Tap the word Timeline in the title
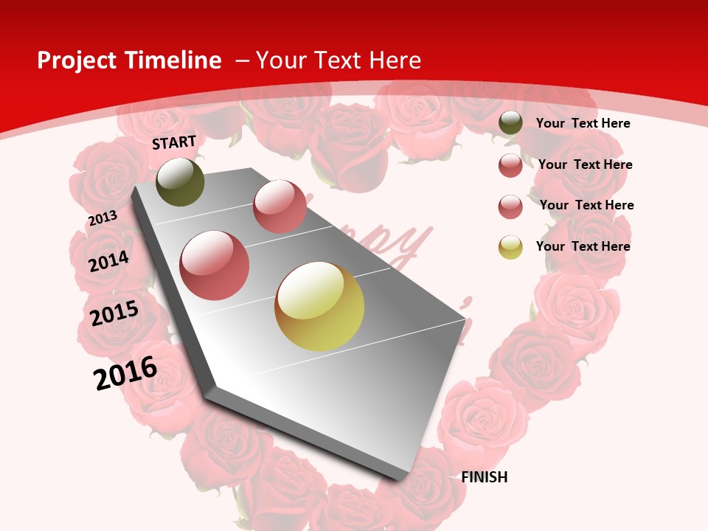click(x=173, y=60)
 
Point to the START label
click(x=174, y=142)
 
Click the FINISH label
click(x=485, y=477)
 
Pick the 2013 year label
click(x=103, y=218)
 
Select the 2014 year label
click(x=109, y=261)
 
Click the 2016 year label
click(x=125, y=373)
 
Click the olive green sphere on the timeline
click(x=180, y=182)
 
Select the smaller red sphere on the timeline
click(x=280, y=206)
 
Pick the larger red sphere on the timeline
click(x=215, y=265)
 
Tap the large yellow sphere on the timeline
click(x=319, y=306)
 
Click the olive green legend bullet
click(x=510, y=123)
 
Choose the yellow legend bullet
click(x=510, y=246)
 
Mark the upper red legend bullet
click(x=510, y=165)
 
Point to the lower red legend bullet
click(x=510, y=206)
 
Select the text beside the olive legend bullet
click(x=583, y=123)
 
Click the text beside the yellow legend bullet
click(x=583, y=246)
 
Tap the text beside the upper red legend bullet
click(x=585, y=164)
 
